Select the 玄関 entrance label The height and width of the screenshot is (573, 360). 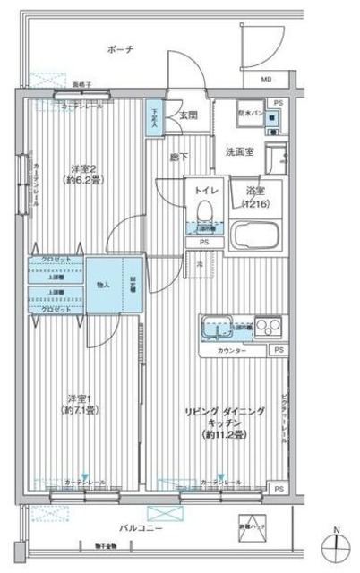pos(188,114)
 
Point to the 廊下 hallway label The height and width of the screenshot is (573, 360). pos(179,157)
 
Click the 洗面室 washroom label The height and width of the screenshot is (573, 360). pos(239,151)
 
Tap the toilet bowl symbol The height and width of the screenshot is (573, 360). pos(203,210)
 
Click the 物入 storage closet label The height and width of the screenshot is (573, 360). pos(104,285)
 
